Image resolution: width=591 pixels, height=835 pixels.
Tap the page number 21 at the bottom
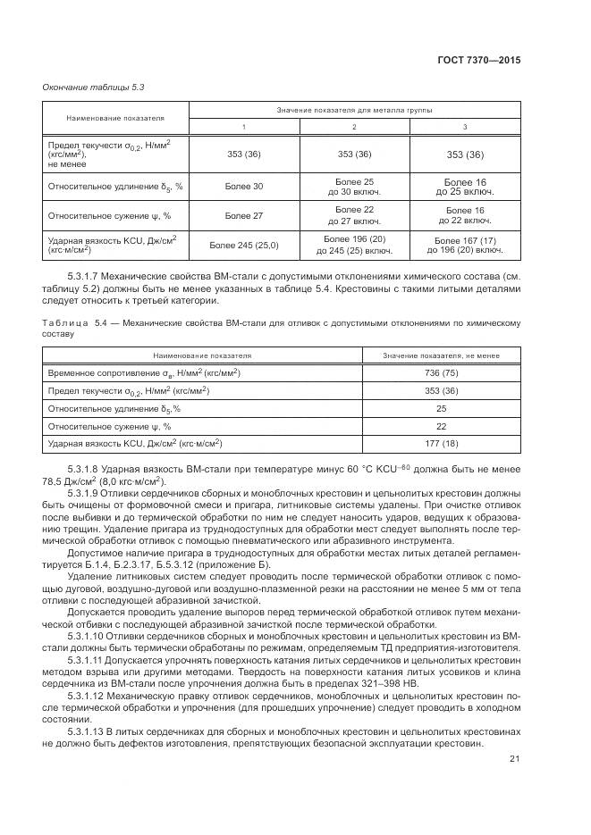pos(514,759)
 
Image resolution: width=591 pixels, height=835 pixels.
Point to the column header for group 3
pos(464,127)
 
